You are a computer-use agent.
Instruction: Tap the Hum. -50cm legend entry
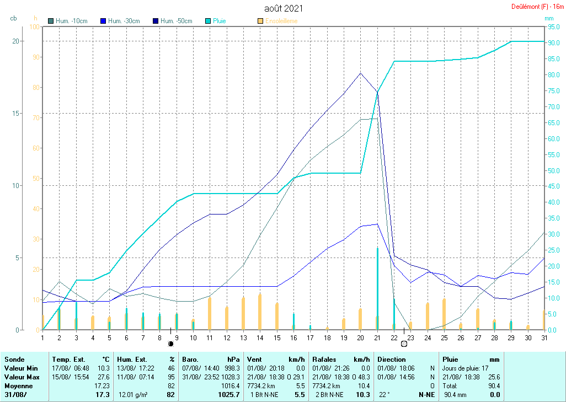tap(177, 21)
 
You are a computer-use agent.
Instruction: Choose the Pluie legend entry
tap(220, 21)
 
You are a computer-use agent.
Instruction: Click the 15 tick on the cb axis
tap(16, 113)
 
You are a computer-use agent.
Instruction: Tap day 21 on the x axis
tap(377, 337)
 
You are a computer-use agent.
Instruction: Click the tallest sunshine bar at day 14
tap(260, 312)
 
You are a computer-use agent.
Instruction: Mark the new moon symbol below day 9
tap(171, 344)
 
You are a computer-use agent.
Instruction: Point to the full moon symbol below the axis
tap(404, 344)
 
